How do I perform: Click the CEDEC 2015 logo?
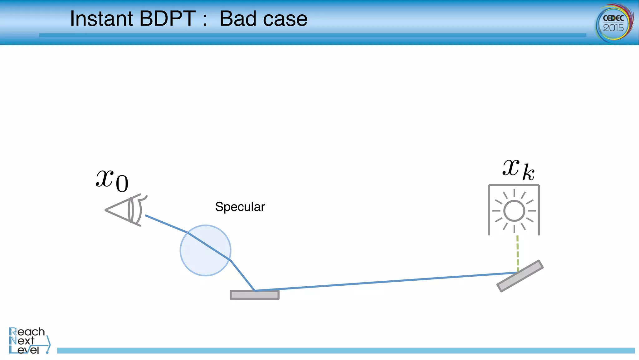coord(614,23)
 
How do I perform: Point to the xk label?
coord(518,170)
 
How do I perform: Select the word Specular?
coord(240,207)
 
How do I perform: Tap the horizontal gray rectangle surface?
coord(255,295)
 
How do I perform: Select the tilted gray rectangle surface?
coord(520,276)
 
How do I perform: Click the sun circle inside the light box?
coord(514,211)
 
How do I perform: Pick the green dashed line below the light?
coord(517,253)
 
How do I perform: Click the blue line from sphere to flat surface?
coord(242,275)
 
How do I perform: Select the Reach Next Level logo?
coord(28,340)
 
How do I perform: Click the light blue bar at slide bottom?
coord(343,351)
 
